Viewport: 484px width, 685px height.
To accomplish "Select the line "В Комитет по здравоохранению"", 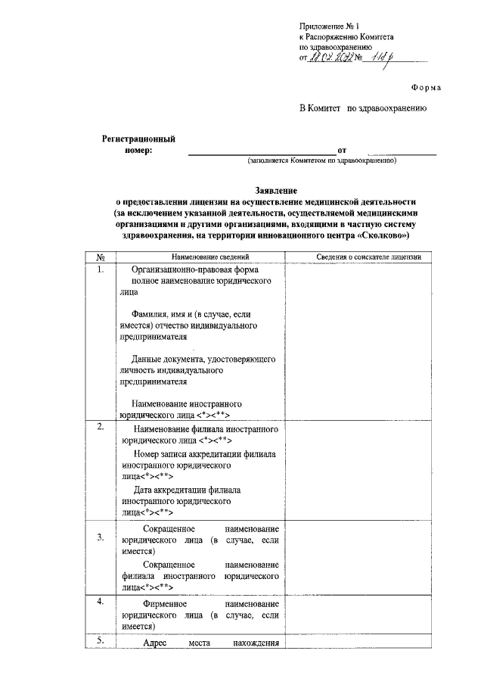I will click(x=364, y=109).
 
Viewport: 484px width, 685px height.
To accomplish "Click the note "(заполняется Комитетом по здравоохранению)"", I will click(x=321, y=161).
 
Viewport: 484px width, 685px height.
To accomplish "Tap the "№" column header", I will click(x=101, y=258).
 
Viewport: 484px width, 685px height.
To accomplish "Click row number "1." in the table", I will click(x=101, y=269).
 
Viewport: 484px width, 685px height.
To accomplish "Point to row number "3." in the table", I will click(x=101, y=538).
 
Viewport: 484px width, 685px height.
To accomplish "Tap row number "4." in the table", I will click(x=101, y=602).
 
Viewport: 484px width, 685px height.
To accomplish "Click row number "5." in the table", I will click(x=101, y=642).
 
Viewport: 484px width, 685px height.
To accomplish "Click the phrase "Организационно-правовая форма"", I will click(x=195, y=270).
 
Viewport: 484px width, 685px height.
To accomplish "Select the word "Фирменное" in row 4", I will click(x=166, y=606).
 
